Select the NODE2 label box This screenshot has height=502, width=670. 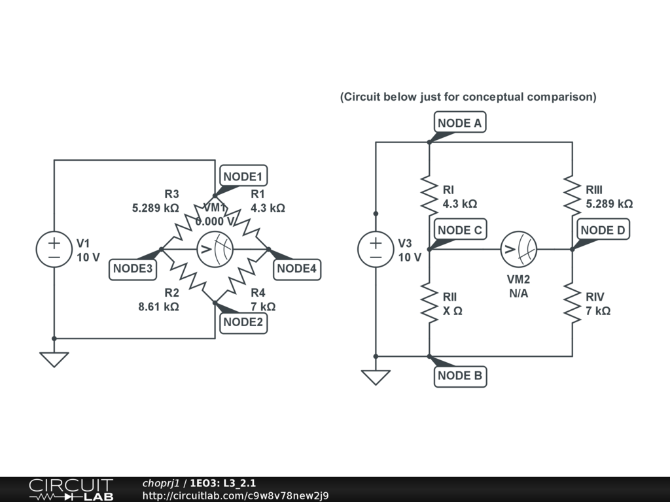tap(244, 322)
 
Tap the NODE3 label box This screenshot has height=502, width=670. tap(133, 269)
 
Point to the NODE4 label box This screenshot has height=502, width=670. tap(296, 269)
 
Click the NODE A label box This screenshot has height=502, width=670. tap(461, 123)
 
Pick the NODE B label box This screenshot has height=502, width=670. tap(460, 376)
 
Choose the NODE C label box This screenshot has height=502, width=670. tap(460, 230)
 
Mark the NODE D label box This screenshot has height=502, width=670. tap(603, 230)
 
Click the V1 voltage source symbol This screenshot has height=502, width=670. tap(54, 249)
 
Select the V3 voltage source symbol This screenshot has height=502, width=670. tap(376, 249)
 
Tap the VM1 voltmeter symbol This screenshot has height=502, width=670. tap(215, 249)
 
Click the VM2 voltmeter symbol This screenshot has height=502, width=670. tap(518, 249)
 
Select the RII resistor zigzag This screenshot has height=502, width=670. tap(429, 303)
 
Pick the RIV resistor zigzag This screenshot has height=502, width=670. tap(573, 303)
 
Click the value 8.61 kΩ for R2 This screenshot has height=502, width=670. tap(158, 306)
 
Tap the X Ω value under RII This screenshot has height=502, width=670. tap(453, 311)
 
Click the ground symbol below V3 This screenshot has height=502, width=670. tap(376, 376)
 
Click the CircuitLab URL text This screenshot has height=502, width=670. tap(236, 495)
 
